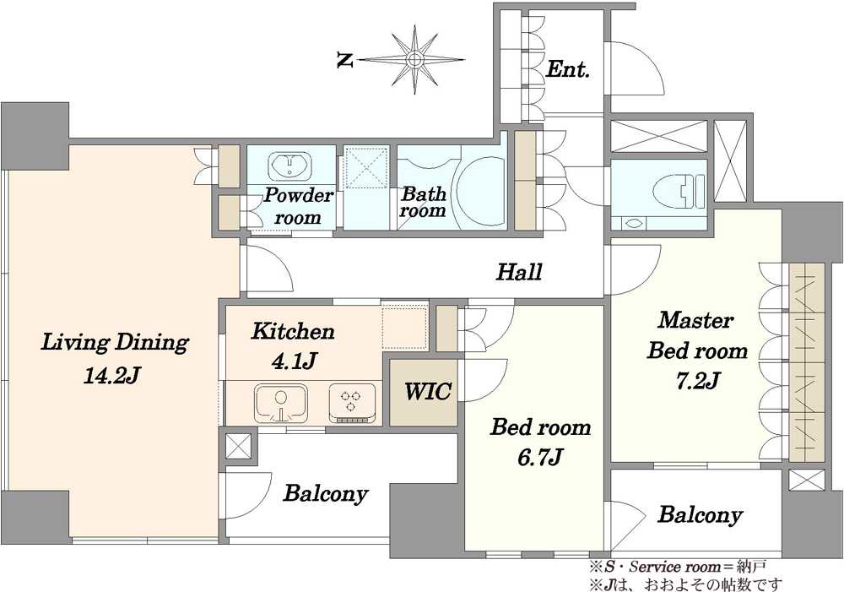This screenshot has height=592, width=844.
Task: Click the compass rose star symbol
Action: click(x=414, y=59)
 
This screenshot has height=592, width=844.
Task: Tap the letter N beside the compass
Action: click(x=345, y=60)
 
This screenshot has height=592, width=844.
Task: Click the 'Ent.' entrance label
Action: click(x=567, y=69)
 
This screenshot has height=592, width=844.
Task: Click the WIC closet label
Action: click(x=428, y=392)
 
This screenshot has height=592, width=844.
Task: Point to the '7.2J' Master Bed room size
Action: click(x=698, y=382)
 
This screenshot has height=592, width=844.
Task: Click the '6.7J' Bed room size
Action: click(x=541, y=458)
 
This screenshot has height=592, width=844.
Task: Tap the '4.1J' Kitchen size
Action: click(x=293, y=361)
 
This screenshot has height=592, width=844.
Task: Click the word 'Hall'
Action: click(x=519, y=272)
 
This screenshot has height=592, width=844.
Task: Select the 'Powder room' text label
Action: click(x=298, y=206)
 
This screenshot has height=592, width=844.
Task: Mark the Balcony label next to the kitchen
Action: click(x=326, y=493)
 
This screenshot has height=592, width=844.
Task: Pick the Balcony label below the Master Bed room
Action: click(x=700, y=515)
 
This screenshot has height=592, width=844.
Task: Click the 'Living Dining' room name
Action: click(x=115, y=343)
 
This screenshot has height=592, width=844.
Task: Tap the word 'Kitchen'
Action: click(x=294, y=331)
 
